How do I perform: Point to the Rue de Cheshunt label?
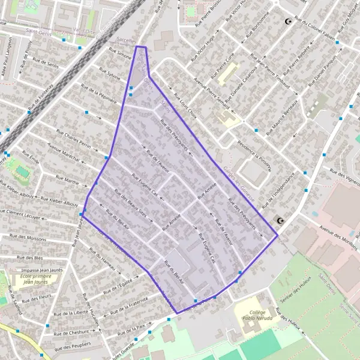click(x=71, y=332)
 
